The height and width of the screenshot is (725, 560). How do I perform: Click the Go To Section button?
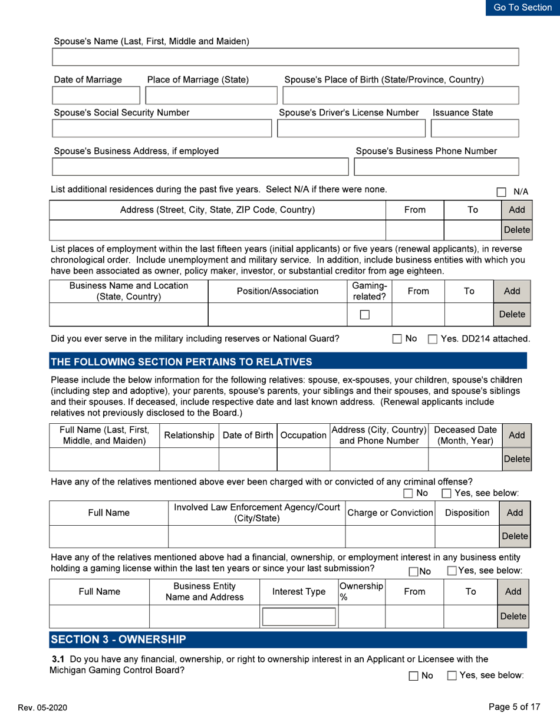(522, 8)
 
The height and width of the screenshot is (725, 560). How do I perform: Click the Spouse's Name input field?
(285, 57)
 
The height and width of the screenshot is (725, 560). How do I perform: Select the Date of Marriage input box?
(96, 95)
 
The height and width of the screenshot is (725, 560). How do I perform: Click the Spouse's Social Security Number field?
(163, 127)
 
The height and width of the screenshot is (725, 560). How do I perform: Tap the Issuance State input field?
(475, 127)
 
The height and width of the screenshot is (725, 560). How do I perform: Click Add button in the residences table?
(510, 209)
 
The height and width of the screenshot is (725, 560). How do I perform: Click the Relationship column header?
(189, 435)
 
